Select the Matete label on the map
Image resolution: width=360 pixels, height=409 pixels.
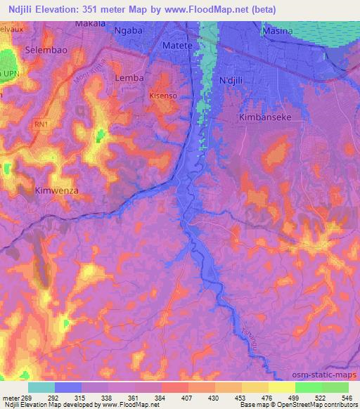[x=178, y=45]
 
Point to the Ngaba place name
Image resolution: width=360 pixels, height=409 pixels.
[x=132, y=32]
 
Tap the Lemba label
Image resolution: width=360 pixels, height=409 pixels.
[x=129, y=78]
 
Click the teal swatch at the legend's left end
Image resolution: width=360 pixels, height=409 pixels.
[x=41, y=387]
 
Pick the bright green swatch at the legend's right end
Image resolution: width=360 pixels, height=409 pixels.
[x=335, y=387]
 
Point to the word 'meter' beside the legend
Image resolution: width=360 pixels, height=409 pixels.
[x=11, y=397]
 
